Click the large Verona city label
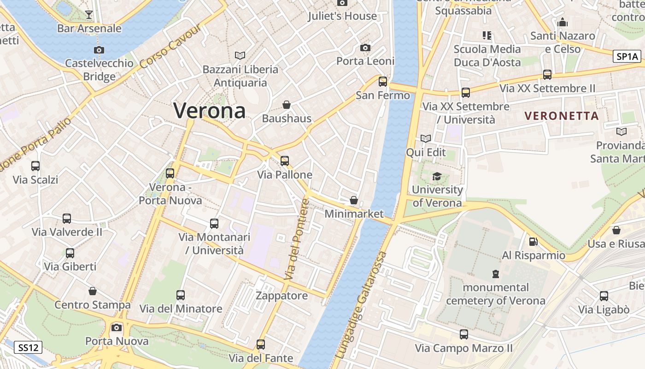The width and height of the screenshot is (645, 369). (209, 111)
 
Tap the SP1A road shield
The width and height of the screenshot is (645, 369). (627, 56)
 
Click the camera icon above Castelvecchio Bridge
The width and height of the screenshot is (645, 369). (99, 50)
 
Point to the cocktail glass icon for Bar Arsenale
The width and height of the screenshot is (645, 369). (89, 15)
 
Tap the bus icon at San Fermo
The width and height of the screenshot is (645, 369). (383, 82)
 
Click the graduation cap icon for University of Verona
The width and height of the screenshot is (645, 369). (437, 176)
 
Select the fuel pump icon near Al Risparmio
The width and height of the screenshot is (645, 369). (533, 241)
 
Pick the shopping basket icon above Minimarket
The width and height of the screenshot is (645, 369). (354, 200)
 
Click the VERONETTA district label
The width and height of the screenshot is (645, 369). (562, 116)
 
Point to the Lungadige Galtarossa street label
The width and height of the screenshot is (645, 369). (362, 305)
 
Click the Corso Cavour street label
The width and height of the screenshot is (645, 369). (170, 46)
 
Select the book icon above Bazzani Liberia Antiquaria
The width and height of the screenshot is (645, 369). (240, 55)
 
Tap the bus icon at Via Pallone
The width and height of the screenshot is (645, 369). (285, 161)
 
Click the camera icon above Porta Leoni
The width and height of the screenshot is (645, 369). (365, 48)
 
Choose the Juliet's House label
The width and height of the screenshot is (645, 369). (342, 16)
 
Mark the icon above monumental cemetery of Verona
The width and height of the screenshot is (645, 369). (495, 274)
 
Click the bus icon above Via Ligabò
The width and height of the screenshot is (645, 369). (604, 296)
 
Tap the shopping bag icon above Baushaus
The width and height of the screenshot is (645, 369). (287, 105)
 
